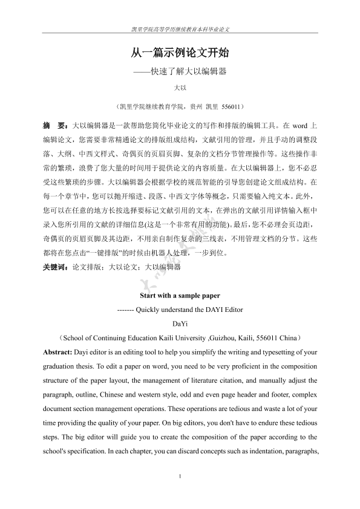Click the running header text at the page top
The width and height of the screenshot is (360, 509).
180,29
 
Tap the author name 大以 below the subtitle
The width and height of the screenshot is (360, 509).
180,88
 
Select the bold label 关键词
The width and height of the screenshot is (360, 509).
56,266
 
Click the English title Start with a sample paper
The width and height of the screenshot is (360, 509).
180,296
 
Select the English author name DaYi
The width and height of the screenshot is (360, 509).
180,323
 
